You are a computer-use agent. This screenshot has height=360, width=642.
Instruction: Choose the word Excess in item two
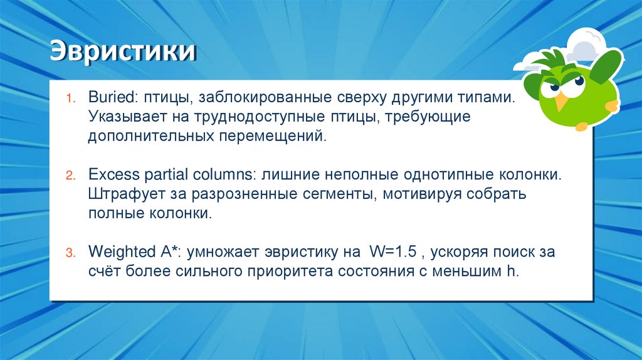click(109, 174)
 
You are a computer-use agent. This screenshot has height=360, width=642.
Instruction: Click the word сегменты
click(335, 194)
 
